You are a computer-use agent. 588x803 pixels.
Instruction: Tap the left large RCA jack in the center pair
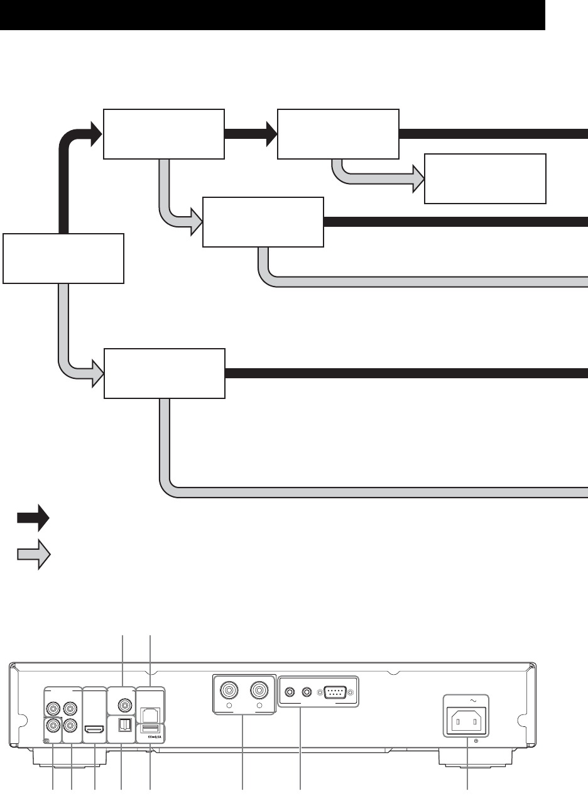click(x=229, y=692)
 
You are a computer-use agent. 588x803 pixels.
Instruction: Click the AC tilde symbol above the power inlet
click(x=467, y=700)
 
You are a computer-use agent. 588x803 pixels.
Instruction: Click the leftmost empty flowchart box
click(x=63, y=258)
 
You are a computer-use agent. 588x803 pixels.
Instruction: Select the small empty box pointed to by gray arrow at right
click(x=485, y=178)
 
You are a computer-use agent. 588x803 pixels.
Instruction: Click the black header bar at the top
click(x=272, y=15)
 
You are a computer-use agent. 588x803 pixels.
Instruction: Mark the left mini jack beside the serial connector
click(x=290, y=692)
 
